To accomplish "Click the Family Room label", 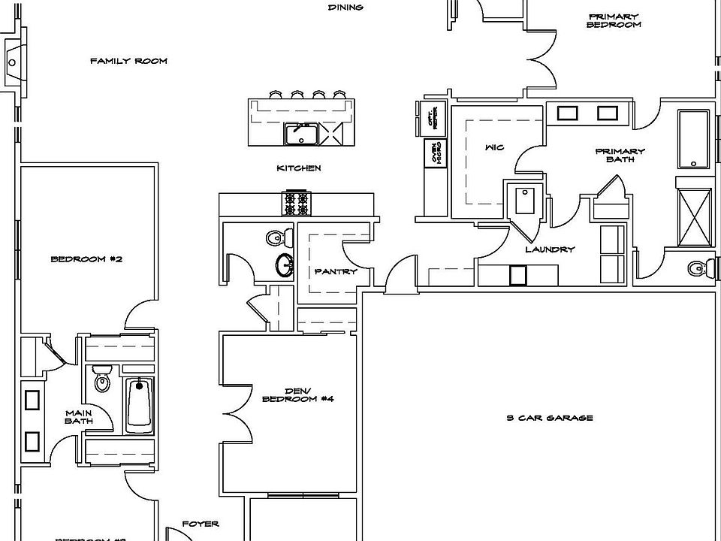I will click(x=128, y=61).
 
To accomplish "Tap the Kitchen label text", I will click(x=299, y=168).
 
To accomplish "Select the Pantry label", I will click(x=336, y=272).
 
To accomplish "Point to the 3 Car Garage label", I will click(x=549, y=418).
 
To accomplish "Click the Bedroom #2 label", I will click(x=86, y=259).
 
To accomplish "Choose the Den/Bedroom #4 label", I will click(x=297, y=394).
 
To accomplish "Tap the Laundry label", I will click(x=550, y=249).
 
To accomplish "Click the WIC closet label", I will click(x=494, y=147).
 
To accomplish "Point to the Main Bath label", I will click(x=78, y=416).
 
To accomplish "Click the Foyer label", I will click(x=201, y=524).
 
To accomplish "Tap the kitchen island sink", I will click(x=300, y=134).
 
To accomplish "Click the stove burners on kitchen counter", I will click(x=294, y=203).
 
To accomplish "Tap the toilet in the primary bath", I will click(x=698, y=266).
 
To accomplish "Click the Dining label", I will click(x=345, y=8).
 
